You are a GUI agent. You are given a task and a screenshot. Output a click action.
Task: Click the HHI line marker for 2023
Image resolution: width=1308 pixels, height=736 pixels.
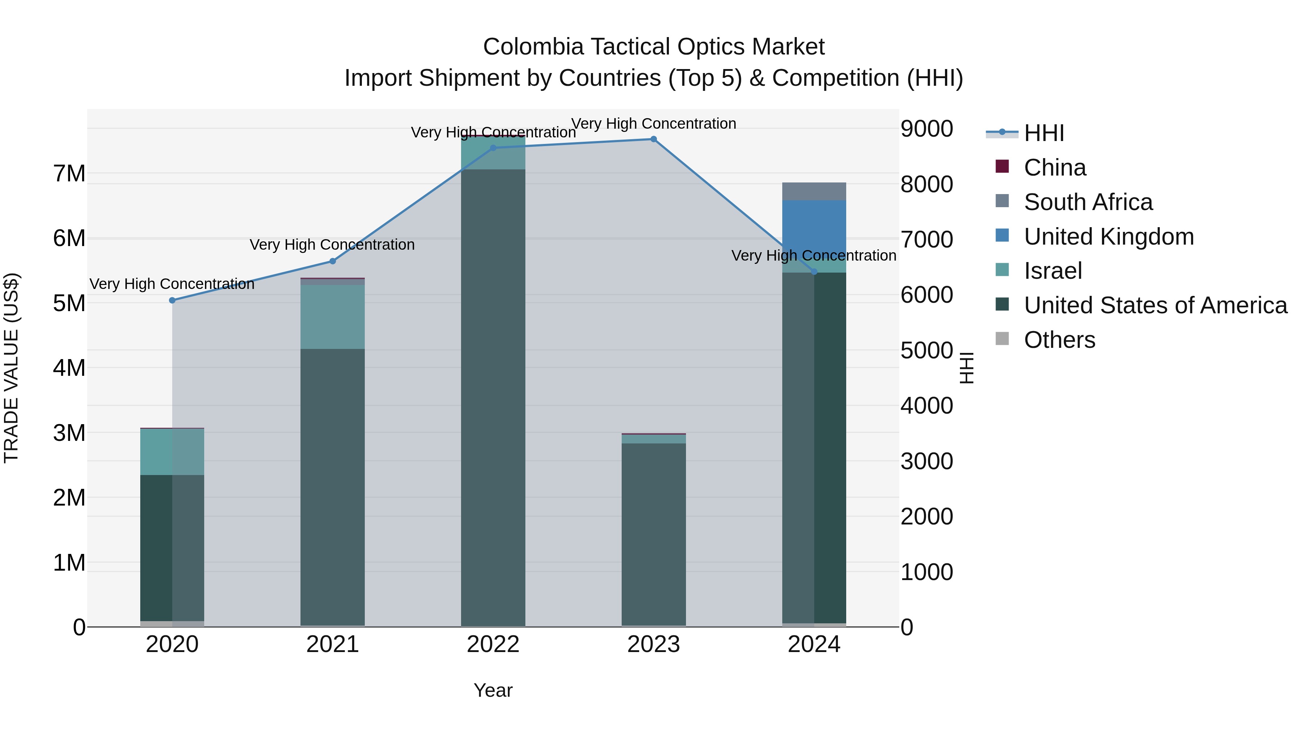654,139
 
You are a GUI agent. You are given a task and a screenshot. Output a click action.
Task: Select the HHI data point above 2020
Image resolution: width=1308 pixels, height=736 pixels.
172,300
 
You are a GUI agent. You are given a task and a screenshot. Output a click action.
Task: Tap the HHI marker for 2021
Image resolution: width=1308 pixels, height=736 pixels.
332,261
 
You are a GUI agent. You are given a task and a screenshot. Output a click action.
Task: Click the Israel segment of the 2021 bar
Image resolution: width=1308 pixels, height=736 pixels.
332,317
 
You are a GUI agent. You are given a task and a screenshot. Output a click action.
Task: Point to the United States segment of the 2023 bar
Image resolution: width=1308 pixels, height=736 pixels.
654,533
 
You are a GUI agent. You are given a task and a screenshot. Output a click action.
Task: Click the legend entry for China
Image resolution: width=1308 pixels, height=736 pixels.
1055,168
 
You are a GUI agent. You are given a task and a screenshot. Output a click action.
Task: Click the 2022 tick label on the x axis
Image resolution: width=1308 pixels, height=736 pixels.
493,644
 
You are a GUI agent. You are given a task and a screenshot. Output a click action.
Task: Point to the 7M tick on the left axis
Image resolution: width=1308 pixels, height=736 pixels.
69,174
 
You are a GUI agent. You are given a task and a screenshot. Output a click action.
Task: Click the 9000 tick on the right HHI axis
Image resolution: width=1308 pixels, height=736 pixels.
926,129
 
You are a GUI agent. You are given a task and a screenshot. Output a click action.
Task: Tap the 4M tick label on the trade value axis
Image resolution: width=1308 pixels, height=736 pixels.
69,368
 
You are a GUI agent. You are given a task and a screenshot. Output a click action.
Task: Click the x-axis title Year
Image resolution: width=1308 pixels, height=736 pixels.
493,690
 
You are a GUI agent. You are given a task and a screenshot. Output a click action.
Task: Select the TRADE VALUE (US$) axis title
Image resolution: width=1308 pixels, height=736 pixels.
12,368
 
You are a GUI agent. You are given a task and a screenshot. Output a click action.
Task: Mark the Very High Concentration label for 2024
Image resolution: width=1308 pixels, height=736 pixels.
814,256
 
